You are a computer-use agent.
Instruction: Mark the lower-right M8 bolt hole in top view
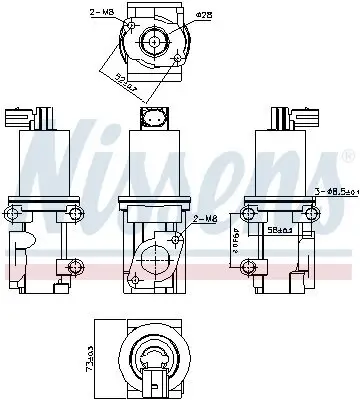pyautogui.click(x=179, y=58)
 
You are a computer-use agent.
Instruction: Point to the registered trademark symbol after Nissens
pyautogui.click(x=348, y=155)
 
